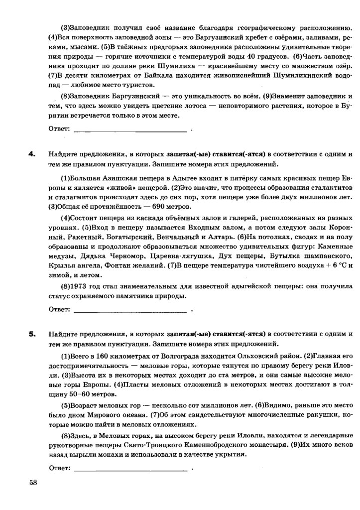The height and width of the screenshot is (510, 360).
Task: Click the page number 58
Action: point(33,482)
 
